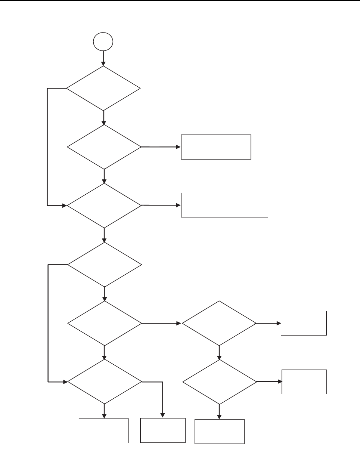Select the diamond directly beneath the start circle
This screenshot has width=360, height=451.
point(103,88)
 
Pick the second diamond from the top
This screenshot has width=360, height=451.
point(104,147)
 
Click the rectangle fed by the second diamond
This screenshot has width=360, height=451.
point(216,147)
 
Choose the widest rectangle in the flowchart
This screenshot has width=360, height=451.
point(224,205)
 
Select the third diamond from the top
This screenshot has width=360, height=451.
point(104,205)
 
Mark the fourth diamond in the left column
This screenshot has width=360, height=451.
point(105,265)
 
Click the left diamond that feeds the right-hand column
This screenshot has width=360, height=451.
point(105,323)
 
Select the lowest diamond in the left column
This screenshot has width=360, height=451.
point(105,382)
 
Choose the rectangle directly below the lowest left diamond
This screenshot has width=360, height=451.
point(104,430)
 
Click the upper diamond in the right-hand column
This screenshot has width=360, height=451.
point(219,323)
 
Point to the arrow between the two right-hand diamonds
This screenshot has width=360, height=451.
point(219,352)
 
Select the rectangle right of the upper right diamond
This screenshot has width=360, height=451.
point(304,323)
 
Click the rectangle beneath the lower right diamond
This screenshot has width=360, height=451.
point(220,431)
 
